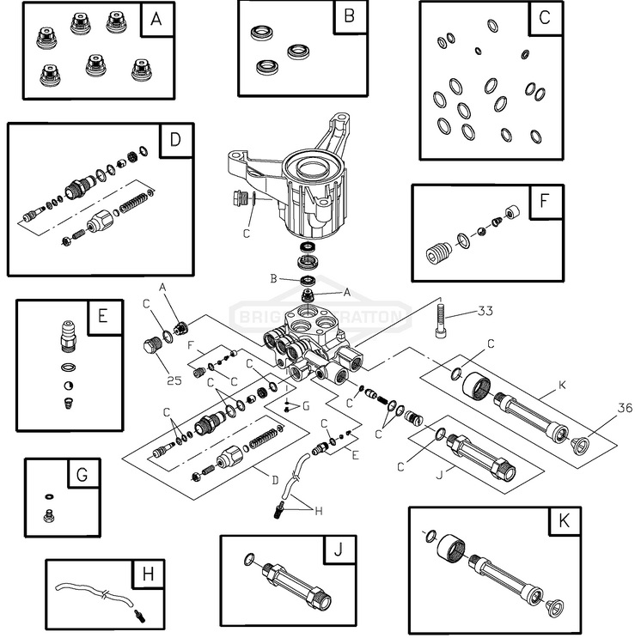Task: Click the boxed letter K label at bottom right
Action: click(x=565, y=520)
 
